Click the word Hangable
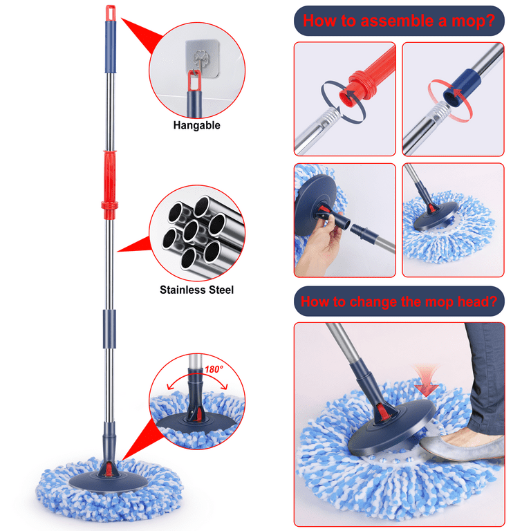(x=197, y=125)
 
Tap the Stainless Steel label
(x=197, y=290)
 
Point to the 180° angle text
(x=214, y=369)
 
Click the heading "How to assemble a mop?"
(x=399, y=21)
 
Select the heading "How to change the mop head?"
(x=399, y=301)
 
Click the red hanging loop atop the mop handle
(x=111, y=13)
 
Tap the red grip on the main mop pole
(x=110, y=185)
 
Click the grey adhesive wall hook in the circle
(x=202, y=57)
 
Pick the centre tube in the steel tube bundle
(x=191, y=231)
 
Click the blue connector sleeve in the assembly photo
(x=462, y=87)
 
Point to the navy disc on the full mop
(x=109, y=481)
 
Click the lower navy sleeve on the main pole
(x=109, y=329)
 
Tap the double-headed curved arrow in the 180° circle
(x=198, y=379)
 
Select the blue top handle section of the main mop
(x=111, y=47)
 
